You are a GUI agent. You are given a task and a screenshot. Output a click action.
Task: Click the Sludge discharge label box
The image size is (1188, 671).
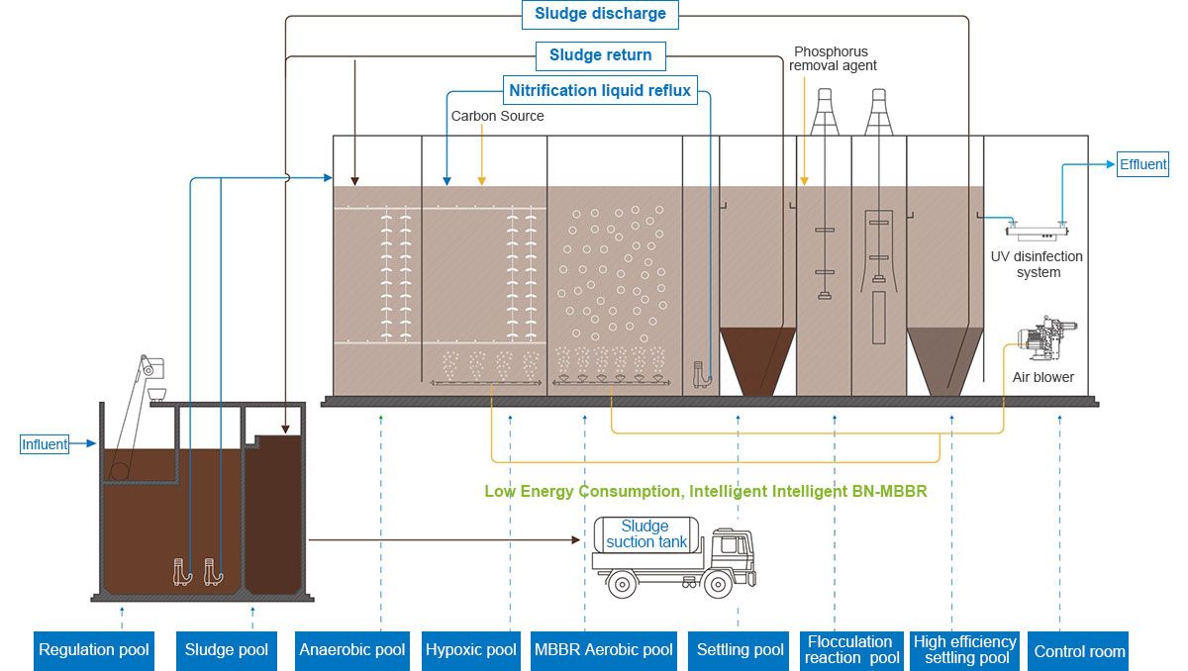pyautogui.click(x=600, y=14)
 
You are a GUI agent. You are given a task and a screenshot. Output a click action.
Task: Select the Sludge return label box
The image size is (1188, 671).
pyautogui.click(x=600, y=54)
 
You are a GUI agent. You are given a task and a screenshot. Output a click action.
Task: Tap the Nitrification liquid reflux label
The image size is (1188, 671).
pyautogui.click(x=600, y=91)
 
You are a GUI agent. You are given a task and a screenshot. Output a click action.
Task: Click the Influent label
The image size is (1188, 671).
pyautogui.click(x=46, y=444)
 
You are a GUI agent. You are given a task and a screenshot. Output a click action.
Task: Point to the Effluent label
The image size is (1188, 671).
pyautogui.click(x=1143, y=164)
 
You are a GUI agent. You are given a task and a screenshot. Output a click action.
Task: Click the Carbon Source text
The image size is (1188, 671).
pyautogui.click(x=497, y=116)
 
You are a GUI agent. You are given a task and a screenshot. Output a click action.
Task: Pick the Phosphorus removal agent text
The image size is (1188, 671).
pyautogui.click(x=833, y=58)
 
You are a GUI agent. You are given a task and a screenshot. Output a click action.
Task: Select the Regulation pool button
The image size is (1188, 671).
pyautogui.click(x=94, y=650)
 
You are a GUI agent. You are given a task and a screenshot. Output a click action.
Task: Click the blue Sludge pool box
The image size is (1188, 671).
pyautogui.click(x=227, y=650)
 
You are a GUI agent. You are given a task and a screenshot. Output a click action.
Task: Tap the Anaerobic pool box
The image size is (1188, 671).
pyautogui.click(x=352, y=650)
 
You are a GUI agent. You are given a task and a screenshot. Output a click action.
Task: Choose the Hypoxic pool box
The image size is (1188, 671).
pyautogui.click(x=471, y=650)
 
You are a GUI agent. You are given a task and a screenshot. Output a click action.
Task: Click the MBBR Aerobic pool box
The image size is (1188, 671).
pyautogui.click(x=604, y=650)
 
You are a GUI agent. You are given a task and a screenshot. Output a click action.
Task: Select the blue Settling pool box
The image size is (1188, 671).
pyautogui.click(x=741, y=650)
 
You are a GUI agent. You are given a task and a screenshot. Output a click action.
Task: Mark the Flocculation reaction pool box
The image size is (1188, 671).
pyautogui.click(x=851, y=650)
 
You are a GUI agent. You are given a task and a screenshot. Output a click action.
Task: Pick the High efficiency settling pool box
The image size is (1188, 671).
pyautogui.click(x=965, y=650)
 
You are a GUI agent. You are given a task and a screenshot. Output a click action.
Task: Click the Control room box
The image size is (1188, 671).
pyautogui.click(x=1079, y=650)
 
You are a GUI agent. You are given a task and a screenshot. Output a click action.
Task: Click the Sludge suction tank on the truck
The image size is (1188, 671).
pyautogui.click(x=644, y=535)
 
